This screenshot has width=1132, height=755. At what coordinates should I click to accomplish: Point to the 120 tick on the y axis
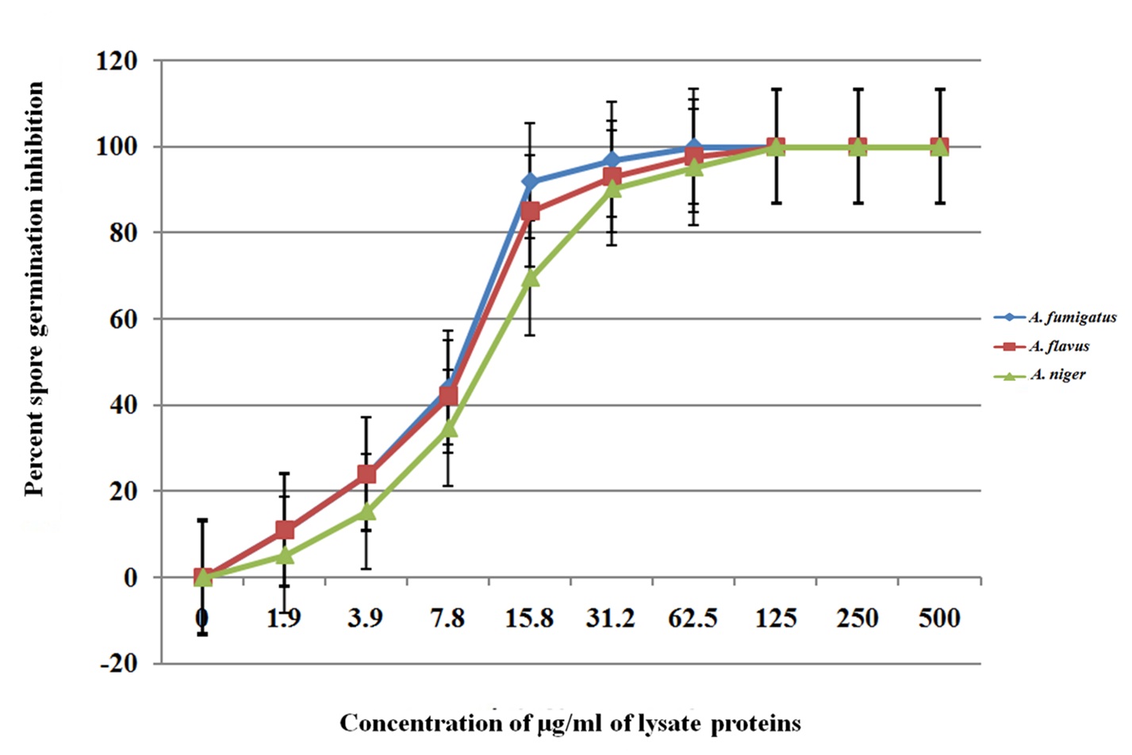(x=117, y=61)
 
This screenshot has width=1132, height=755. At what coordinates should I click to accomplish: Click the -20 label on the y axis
(x=119, y=664)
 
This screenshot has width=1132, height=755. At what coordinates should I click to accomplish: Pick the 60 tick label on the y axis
(x=123, y=320)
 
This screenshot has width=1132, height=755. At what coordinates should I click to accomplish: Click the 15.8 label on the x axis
(x=529, y=619)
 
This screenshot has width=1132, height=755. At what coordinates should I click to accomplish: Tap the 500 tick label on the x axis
(x=939, y=619)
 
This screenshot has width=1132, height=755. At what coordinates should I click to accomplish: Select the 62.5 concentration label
(x=693, y=619)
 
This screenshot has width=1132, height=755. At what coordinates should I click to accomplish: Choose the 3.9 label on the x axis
(x=366, y=619)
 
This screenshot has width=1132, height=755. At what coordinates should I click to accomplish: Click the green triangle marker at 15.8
(x=530, y=278)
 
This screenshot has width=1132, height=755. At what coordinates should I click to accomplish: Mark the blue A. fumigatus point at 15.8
(x=530, y=182)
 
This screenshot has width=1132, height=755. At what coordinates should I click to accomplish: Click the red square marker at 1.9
(x=285, y=530)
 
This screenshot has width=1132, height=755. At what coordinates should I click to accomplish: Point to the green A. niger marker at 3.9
(x=366, y=511)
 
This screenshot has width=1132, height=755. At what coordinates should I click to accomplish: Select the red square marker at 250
(x=858, y=147)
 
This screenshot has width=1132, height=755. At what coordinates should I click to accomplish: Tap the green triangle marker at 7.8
(x=448, y=428)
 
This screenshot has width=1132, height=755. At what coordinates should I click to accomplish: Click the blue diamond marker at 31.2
(x=612, y=161)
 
